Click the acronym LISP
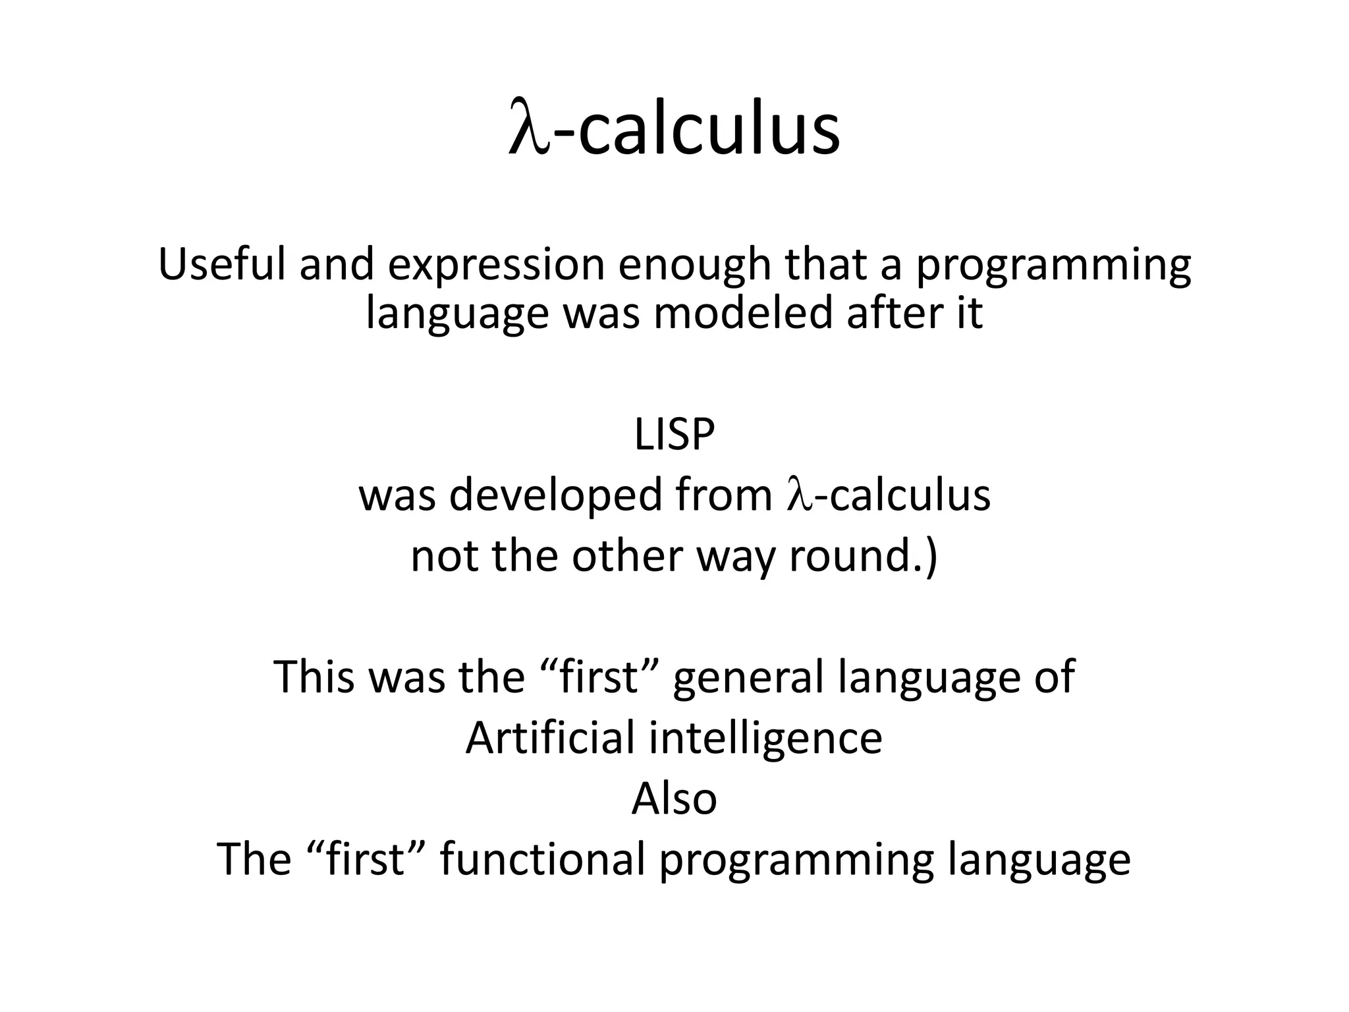(x=674, y=436)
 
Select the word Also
(x=674, y=799)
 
